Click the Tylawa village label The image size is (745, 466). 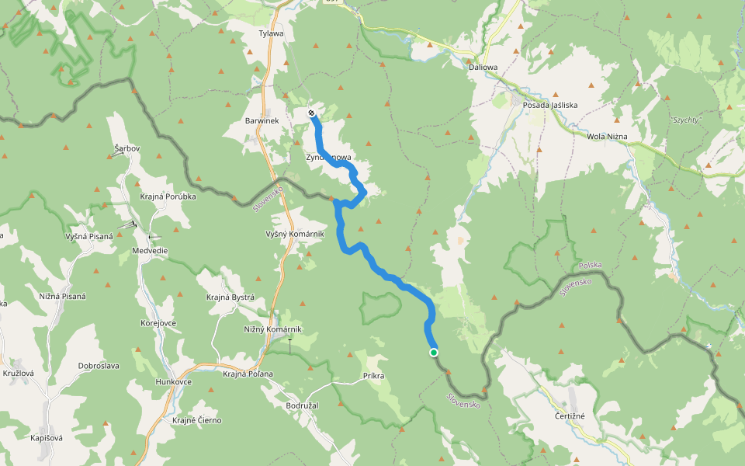[272, 33]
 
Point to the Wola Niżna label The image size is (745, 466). [608, 137]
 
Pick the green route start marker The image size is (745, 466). [434, 353]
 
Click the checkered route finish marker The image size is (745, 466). [311, 114]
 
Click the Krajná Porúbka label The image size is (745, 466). [168, 196]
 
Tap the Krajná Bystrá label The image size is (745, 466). [230, 297]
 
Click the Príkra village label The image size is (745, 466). [374, 376]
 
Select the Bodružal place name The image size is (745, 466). [303, 405]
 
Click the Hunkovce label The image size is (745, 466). [174, 382]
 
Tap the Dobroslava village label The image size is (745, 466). [99, 366]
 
